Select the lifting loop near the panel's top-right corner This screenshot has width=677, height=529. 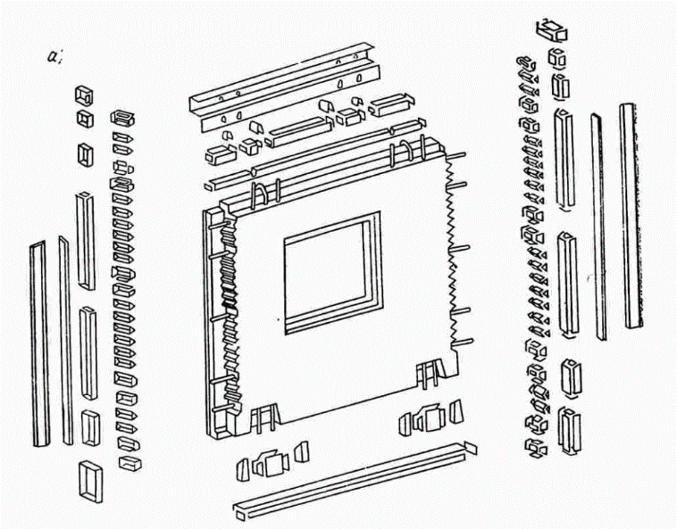click(x=412, y=149)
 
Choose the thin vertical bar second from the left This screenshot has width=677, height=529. click(x=65, y=339)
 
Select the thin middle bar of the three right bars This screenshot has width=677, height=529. click(x=597, y=223)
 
